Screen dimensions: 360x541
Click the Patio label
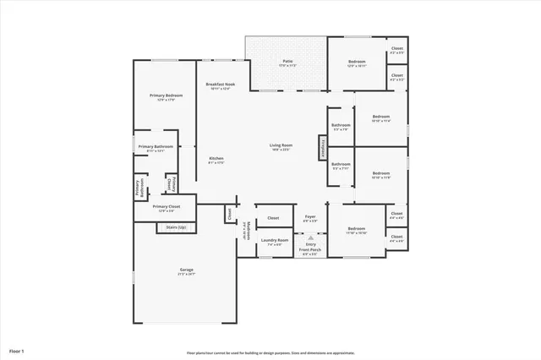click(287, 62)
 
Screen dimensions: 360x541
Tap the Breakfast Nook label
click(221, 85)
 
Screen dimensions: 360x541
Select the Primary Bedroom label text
click(161, 96)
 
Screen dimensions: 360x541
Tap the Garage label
click(186, 271)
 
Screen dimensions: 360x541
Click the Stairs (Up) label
click(176, 227)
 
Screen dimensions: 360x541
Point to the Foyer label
click(310, 218)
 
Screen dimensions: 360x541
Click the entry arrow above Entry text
click(310, 237)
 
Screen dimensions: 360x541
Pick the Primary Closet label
click(166, 207)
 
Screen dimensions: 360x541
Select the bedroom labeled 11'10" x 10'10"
click(356, 229)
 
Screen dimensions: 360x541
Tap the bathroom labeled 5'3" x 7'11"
click(341, 165)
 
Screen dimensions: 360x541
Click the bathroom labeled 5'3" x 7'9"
click(341, 126)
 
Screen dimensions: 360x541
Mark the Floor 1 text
click(17, 350)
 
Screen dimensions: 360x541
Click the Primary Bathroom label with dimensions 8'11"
click(156, 148)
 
